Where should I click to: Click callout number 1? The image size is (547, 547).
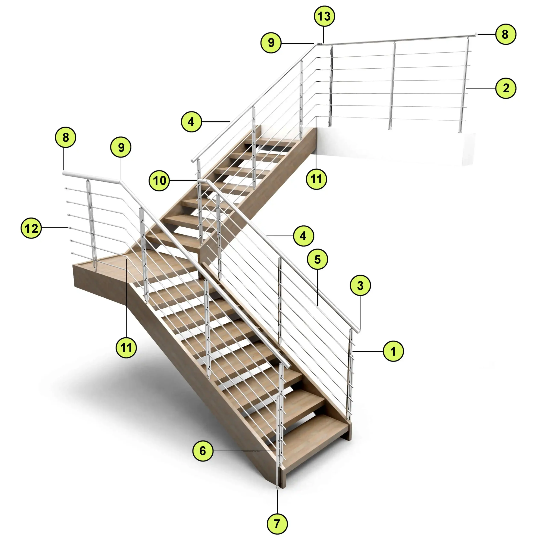(x=393, y=351)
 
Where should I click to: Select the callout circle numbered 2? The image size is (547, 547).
(x=506, y=88)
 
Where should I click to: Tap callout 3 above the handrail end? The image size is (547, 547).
(x=360, y=285)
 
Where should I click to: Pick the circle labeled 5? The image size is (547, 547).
(x=317, y=259)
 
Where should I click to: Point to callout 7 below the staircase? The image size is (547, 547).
(x=277, y=524)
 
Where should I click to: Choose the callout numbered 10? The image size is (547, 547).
(x=159, y=180)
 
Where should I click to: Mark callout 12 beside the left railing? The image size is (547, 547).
(x=31, y=228)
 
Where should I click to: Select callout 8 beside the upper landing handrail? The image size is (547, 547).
(x=506, y=34)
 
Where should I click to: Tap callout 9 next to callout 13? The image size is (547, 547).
(x=271, y=43)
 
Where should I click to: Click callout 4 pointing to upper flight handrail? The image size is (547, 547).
(x=191, y=122)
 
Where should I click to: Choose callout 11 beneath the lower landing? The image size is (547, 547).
(x=126, y=347)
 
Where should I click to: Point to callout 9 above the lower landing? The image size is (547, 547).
(x=121, y=147)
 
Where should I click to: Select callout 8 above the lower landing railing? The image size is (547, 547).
(x=65, y=137)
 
